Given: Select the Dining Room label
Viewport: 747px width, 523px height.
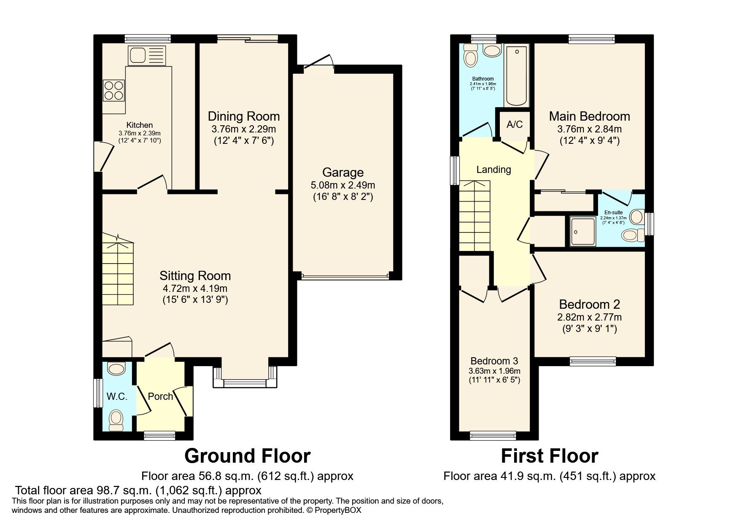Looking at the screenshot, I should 243,116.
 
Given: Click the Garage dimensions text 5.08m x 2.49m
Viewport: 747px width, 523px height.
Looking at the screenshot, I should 342,185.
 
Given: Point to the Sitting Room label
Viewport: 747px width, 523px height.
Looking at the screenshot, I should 195,276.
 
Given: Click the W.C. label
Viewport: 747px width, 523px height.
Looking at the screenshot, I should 117,396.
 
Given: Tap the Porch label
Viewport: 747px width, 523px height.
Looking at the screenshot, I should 160,396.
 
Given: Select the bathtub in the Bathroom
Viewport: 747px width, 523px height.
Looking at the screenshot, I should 516,76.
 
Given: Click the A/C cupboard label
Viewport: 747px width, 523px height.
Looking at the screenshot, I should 514,124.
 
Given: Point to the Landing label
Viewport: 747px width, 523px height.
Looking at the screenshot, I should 494,170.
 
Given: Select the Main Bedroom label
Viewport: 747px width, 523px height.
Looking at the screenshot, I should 589,116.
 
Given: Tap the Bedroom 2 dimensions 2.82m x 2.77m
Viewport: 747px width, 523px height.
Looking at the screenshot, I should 589,317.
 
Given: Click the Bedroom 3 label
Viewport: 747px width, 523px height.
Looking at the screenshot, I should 494,361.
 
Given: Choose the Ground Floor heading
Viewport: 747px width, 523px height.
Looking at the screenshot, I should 247,456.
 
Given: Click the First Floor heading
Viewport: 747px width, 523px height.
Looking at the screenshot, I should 549,456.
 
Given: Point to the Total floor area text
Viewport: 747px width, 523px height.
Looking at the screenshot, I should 138,490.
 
